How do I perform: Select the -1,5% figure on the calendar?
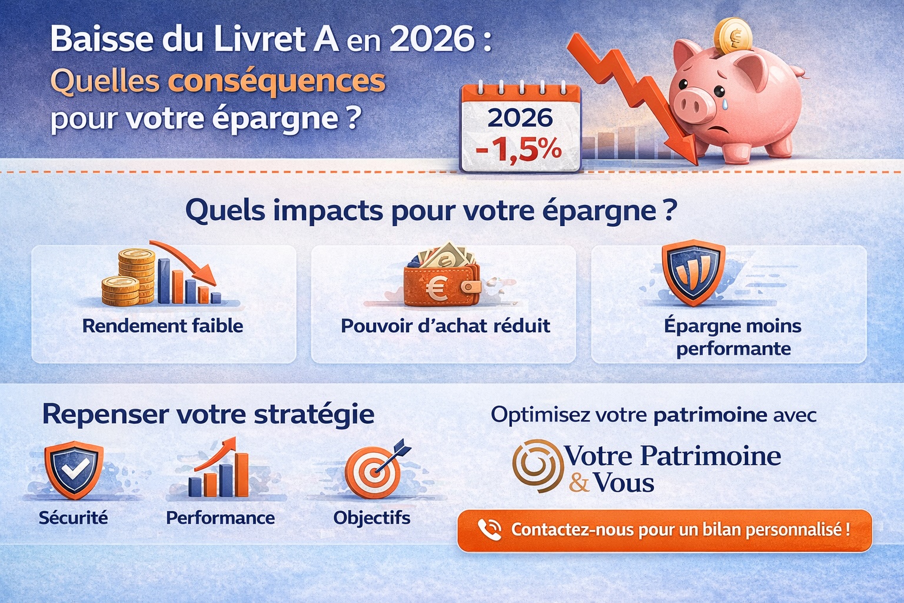pyautogui.click(x=519, y=149)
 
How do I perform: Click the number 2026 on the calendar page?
pyautogui.click(x=520, y=118)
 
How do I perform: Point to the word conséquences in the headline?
pyautogui.click(x=277, y=81)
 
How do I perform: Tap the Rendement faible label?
pyautogui.click(x=162, y=326)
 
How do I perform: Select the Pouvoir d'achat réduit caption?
pyautogui.click(x=446, y=326)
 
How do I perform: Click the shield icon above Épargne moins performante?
pyautogui.click(x=694, y=271)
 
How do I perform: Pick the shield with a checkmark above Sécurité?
pyautogui.click(x=74, y=469)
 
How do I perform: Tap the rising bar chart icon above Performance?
pyautogui.click(x=219, y=469)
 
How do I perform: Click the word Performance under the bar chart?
pyautogui.click(x=220, y=518)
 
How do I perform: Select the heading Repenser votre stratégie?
pyautogui.click(x=208, y=414)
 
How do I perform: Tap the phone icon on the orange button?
pyautogui.click(x=488, y=529)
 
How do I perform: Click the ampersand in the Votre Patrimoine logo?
pyautogui.click(x=579, y=483)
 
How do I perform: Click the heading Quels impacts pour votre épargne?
pyautogui.click(x=431, y=210)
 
